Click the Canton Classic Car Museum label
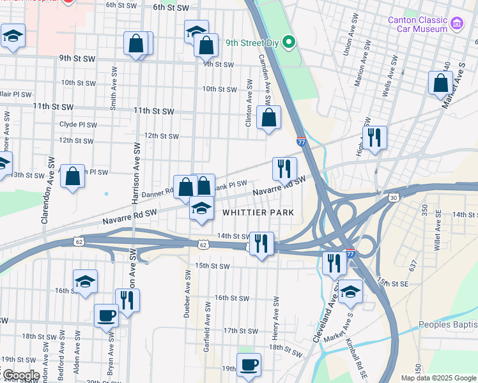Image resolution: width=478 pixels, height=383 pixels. [417, 24]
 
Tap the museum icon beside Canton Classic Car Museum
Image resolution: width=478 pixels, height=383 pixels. [456, 24]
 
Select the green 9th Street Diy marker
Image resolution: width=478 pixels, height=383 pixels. [289, 43]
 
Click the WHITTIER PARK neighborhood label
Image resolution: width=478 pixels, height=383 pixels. [258, 212]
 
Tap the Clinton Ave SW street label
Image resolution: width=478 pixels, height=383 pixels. [249, 102]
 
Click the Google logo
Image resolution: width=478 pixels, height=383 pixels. [20, 375]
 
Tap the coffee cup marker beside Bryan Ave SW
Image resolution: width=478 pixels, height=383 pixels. [106, 315]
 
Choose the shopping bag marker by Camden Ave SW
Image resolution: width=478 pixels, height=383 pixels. [269, 117]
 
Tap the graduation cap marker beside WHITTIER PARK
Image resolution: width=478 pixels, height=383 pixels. [201, 208]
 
